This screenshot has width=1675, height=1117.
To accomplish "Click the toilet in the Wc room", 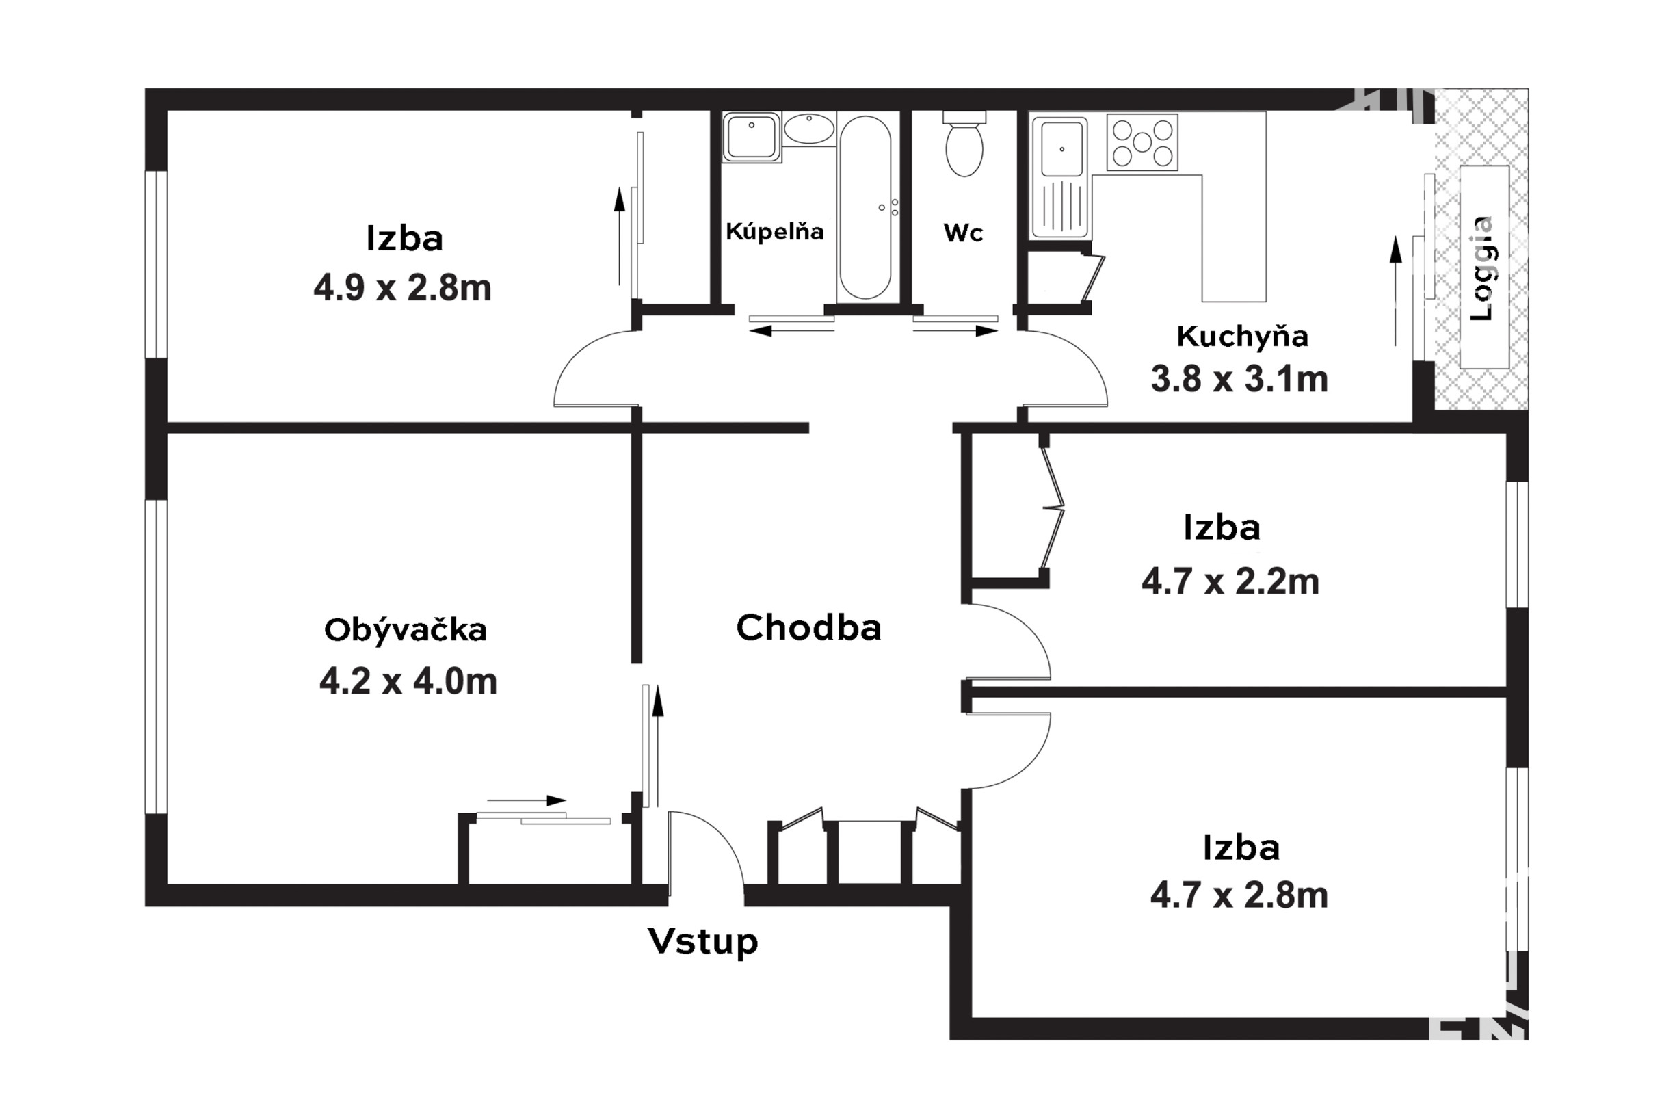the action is click(x=964, y=144).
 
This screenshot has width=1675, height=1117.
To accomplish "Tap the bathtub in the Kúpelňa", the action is click(x=865, y=207).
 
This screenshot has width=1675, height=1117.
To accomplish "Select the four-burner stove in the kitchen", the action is click(x=1142, y=142).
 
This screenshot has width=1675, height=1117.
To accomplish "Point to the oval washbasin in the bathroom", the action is click(x=809, y=129).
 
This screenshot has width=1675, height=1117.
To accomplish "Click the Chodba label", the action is click(x=808, y=628).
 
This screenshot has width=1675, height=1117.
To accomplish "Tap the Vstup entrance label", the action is click(x=703, y=943).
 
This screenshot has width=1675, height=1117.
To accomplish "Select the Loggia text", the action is click(x=1482, y=269).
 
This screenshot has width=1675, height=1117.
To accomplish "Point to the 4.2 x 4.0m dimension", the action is click(x=408, y=682).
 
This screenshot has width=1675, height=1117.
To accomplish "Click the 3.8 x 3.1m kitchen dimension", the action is click(x=1239, y=379).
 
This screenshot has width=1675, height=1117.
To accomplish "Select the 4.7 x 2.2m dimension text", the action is click(x=1230, y=582).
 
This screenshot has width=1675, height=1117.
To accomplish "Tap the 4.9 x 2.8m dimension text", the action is click(x=402, y=289).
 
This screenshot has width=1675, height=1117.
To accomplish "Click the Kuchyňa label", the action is click(x=1242, y=337).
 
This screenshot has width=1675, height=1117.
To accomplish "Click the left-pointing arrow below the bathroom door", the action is click(x=791, y=330).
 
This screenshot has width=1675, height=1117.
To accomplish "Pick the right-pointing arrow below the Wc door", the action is click(x=955, y=330).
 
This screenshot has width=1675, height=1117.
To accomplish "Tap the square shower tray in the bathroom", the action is click(x=752, y=137).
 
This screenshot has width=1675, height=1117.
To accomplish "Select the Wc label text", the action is click(x=963, y=233).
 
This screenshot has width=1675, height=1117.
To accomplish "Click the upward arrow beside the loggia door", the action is click(x=1396, y=291).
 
